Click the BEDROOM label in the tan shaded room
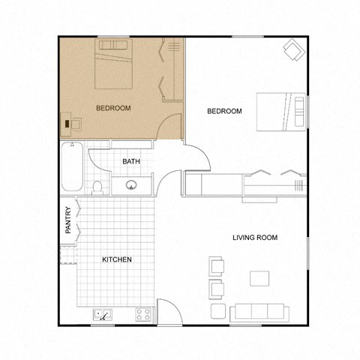click(114, 108)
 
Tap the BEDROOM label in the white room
click(224, 111)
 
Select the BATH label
click(131, 161)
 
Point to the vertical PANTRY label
click(68, 220)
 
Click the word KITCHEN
click(117, 259)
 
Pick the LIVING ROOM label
click(255, 238)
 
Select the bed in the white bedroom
click(282, 112)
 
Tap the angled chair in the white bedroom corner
click(292, 51)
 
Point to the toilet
click(97, 187)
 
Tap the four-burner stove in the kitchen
click(143, 313)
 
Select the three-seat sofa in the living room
click(259, 312)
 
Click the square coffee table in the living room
click(260, 278)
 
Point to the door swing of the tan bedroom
click(174, 124)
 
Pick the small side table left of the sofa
click(218, 310)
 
